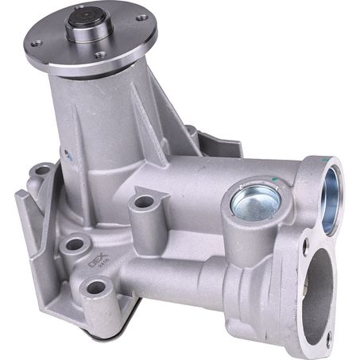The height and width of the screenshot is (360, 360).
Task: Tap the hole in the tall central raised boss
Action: (143, 202)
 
